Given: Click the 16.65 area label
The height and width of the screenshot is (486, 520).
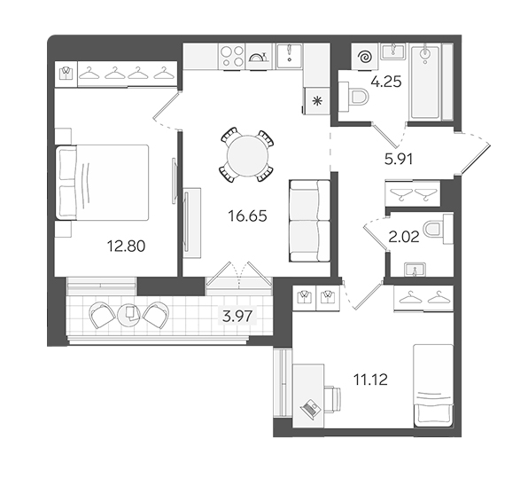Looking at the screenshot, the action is click(247, 216).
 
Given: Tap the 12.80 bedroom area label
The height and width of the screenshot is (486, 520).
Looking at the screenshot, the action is click(126, 247).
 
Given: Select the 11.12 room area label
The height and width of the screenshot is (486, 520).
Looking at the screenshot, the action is click(370, 380).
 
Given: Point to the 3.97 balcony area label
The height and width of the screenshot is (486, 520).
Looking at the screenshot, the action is click(237, 316).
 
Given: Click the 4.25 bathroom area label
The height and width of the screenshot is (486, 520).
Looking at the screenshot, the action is click(386, 82).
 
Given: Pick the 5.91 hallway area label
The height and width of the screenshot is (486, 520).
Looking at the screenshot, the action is click(399, 160).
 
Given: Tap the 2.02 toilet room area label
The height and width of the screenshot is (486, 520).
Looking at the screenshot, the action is click(404, 237).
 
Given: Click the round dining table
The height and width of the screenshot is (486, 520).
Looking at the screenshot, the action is click(247, 155).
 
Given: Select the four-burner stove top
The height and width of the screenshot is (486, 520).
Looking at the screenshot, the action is click(232, 57).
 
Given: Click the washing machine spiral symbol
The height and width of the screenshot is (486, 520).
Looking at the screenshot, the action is click(366, 58).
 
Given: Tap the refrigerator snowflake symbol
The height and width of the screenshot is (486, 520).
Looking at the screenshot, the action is click(317, 101).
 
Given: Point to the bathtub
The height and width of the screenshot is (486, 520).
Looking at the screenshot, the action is click(425, 82).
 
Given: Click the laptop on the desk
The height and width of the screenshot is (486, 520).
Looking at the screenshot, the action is click(310, 408).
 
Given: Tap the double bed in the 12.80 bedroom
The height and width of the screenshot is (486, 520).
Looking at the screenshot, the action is click(102, 183).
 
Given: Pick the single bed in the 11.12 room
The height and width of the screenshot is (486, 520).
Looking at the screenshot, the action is click(433, 386).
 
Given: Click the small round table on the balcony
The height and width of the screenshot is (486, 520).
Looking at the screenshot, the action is click(129, 314).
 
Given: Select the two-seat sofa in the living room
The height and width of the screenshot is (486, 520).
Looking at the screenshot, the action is click(310, 221).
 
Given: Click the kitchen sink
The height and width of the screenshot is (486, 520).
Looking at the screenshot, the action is click(290, 56).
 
